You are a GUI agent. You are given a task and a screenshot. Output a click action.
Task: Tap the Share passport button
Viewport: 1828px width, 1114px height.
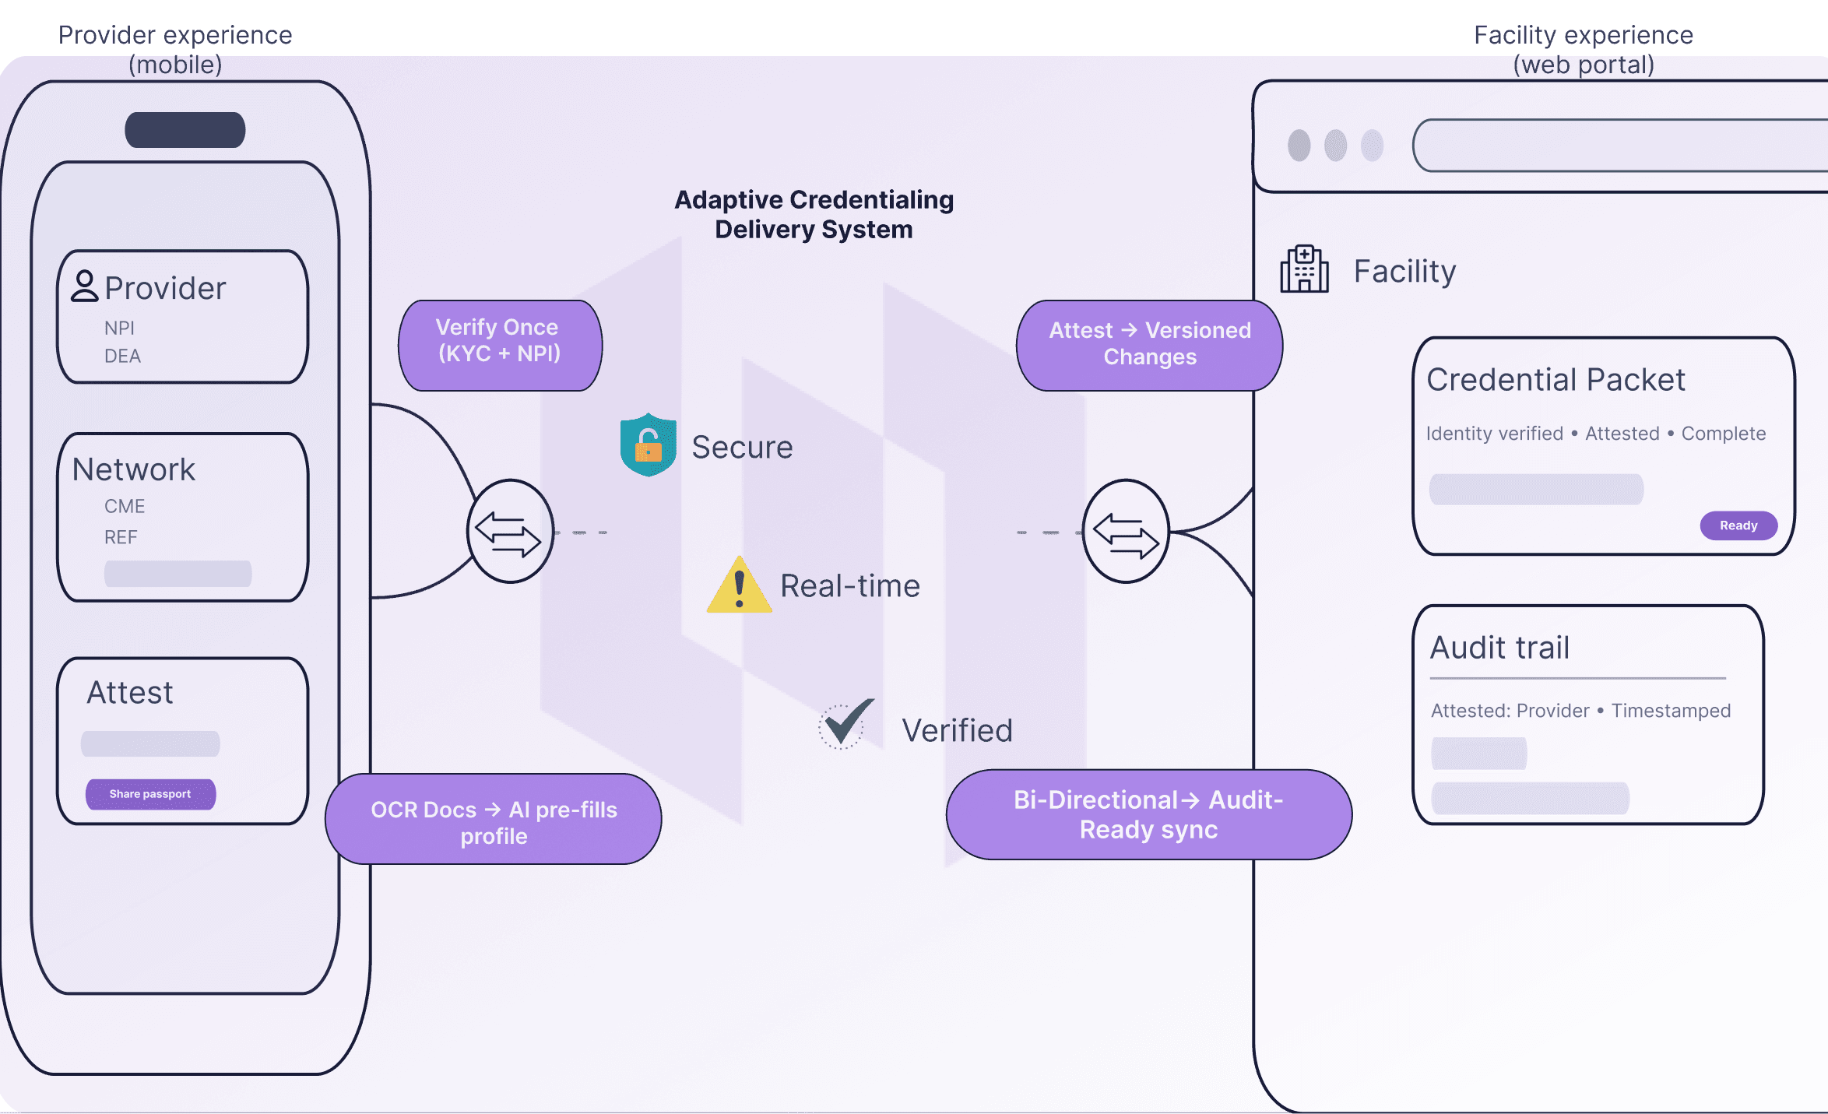(150, 794)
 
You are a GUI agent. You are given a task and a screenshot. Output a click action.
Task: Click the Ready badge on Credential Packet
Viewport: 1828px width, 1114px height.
(1738, 525)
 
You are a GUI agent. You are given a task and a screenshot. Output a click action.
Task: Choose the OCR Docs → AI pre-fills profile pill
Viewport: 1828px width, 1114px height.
(494, 820)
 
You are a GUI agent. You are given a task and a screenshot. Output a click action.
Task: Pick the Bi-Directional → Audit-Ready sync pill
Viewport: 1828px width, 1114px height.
(1148, 815)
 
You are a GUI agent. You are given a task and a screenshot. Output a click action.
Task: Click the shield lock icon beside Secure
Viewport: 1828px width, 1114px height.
(648, 445)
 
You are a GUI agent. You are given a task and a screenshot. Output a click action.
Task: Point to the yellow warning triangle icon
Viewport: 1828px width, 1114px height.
(739, 587)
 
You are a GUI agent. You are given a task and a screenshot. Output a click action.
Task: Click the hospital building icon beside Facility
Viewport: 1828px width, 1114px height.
(1304, 269)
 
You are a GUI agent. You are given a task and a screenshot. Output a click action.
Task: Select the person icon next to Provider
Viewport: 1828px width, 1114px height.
(84, 286)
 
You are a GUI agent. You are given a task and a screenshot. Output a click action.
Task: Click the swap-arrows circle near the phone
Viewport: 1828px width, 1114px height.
(510, 532)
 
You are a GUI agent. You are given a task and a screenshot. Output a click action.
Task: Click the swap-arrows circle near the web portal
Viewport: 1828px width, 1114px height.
(1126, 532)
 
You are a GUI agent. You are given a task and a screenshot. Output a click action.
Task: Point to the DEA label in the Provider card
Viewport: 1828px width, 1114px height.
(122, 357)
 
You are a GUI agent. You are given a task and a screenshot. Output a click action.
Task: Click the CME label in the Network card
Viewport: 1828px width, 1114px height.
(125, 507)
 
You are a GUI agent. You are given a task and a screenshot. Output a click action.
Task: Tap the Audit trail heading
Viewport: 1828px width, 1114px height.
(1499, 648)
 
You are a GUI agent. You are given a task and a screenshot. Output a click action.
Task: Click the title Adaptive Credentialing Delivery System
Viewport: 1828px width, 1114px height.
(814, 215)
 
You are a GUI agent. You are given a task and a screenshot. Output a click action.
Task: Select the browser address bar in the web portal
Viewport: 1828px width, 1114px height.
(1619, 146)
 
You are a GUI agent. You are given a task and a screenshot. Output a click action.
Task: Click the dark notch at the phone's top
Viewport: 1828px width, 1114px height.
(185, 130)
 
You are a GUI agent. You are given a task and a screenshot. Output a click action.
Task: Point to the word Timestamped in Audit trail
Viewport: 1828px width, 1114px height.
(1671, 711)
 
